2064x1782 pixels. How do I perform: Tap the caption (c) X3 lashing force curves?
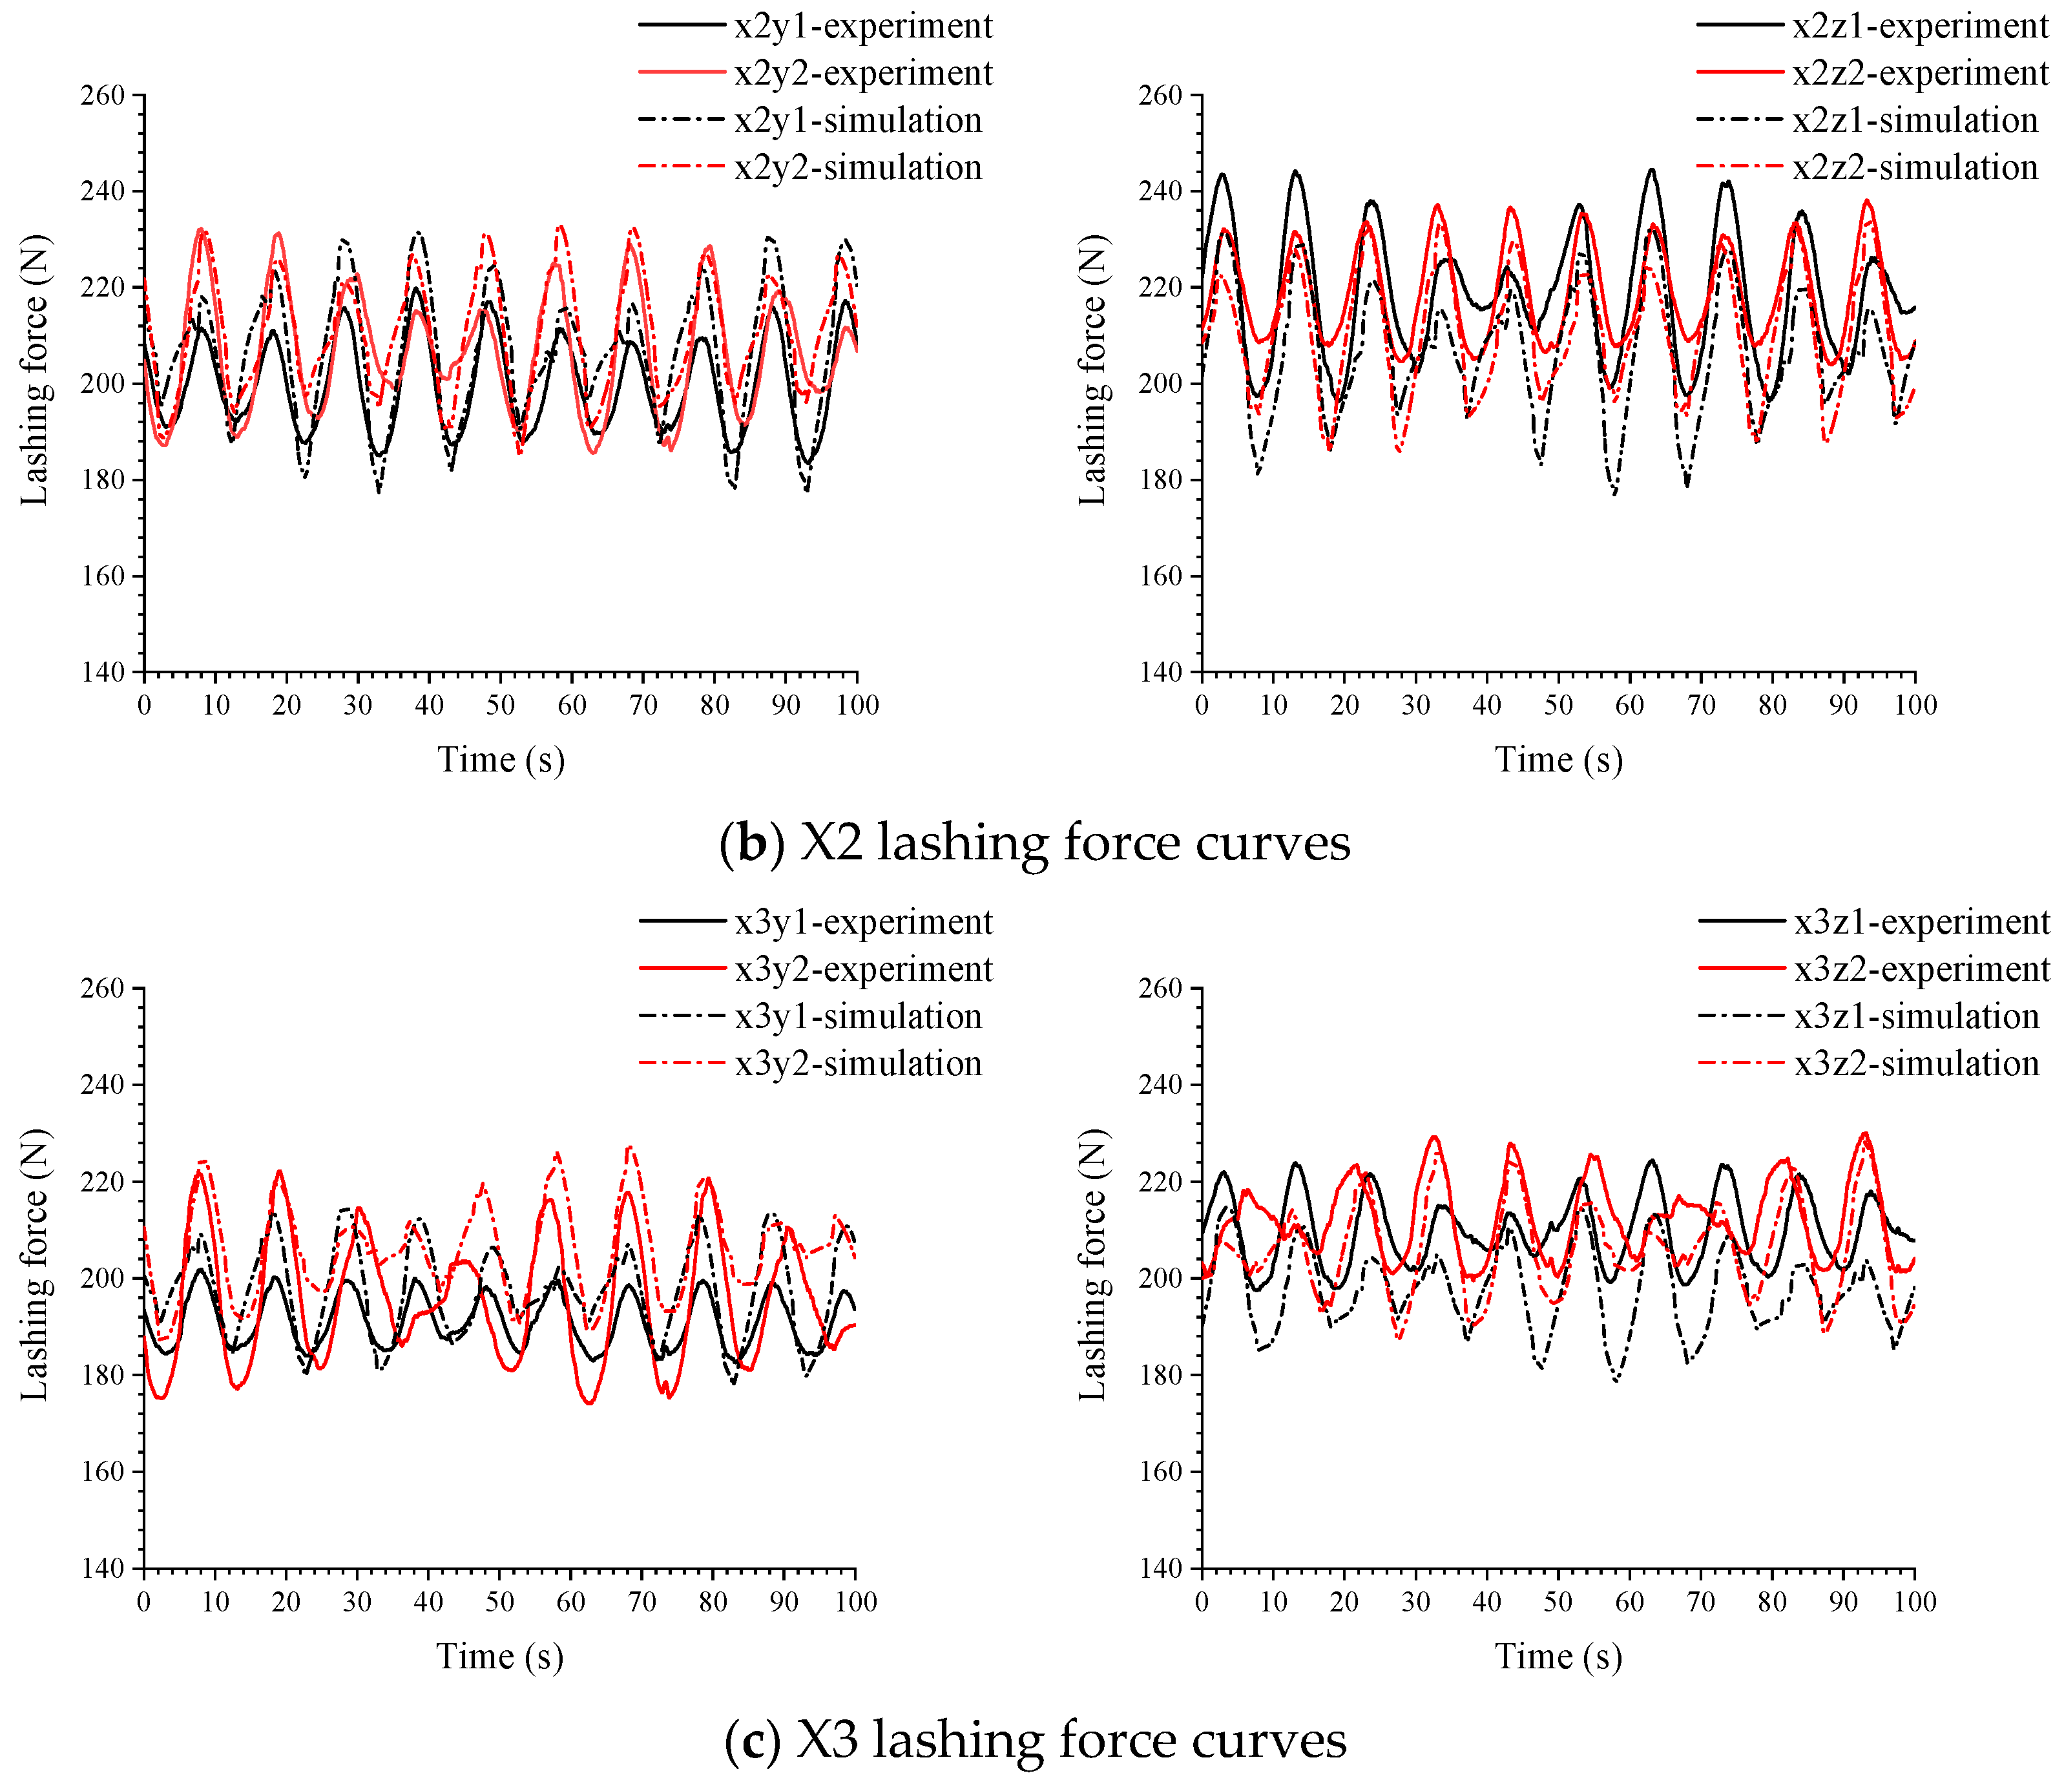point(1034,1739)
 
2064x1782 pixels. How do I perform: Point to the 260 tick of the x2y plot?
point(103,96)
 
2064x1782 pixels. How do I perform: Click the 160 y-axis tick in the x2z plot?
point(1160,576)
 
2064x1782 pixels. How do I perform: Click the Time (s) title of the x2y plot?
point(501,760)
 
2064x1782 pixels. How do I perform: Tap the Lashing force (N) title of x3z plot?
point(1093,1265)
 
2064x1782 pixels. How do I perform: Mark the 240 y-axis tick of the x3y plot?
point(103,1085)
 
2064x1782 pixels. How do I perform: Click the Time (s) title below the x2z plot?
point(1559,760)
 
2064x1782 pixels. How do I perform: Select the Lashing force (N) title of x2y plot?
point(35,370)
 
